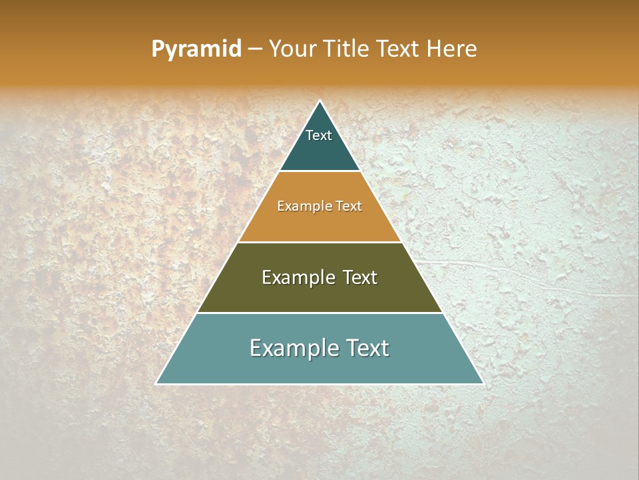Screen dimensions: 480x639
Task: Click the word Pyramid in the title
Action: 196,49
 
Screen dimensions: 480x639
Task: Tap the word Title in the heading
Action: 346,49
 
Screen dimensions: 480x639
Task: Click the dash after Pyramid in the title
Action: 255,49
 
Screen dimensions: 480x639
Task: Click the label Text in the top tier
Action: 318,135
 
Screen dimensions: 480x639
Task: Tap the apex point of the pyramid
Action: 320,101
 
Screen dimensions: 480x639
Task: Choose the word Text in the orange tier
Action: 349,207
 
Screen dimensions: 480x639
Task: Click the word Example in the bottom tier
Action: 290,348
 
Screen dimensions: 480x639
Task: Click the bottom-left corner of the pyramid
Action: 156,383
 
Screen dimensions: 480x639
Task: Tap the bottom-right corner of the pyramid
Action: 483,383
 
